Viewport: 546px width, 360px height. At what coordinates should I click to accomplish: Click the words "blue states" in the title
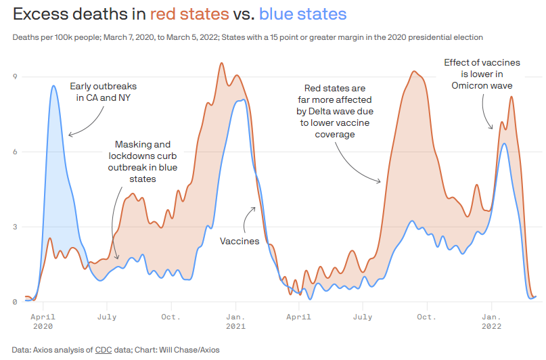(x=303, y=14)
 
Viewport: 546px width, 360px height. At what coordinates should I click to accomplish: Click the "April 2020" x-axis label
(x=43, y=321)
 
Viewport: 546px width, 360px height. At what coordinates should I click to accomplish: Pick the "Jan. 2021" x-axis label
(x=235, y=321)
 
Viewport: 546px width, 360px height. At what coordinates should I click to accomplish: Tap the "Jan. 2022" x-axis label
(x=491, y=321)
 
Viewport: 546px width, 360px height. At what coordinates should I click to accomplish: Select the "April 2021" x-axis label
(x=299, y=321)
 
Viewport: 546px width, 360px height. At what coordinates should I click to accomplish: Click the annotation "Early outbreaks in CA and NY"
(x=103, y=93)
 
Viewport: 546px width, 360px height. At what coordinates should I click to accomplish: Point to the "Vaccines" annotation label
(x=240, y=241)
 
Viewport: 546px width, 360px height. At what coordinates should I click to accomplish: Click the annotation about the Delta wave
(x=335, y=111)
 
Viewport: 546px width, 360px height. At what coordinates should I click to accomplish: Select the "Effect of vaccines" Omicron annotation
(x=482, y=74)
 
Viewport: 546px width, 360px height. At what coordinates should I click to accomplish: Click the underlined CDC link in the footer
(x=103, y=350)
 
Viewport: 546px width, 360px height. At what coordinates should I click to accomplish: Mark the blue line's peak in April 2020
(x=53, y=86)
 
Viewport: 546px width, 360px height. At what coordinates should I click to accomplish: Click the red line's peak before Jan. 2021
(x=222, y=64)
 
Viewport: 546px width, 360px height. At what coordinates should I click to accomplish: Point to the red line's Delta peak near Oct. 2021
(x=415, y=71)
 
